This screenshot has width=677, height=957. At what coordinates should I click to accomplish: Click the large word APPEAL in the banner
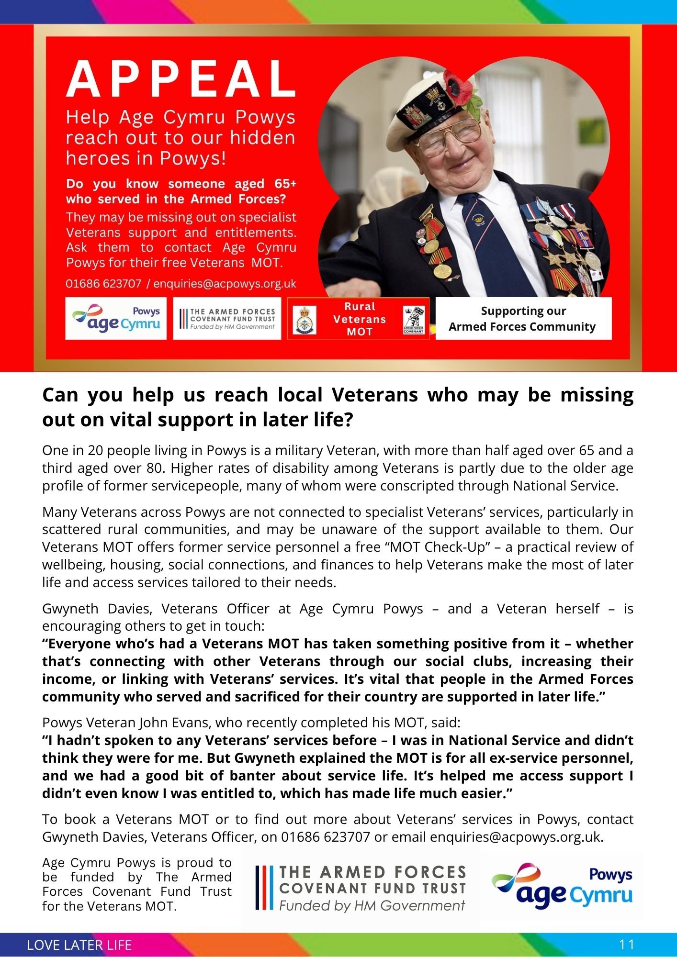(x=181, y=79)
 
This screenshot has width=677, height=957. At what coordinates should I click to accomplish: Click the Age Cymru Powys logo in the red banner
(x=116, y=319)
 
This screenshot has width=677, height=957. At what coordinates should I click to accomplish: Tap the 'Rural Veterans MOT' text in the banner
(x=360, y=319)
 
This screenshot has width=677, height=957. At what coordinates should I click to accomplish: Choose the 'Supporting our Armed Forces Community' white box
(x=523, y=319)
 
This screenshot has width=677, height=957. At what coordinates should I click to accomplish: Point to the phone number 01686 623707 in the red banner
(x=103, y=284)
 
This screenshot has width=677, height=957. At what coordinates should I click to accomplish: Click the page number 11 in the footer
(x=627, y=945)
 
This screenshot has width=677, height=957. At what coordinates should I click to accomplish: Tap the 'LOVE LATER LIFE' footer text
(x=79, y=945)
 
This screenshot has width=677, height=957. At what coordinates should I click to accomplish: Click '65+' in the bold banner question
(x=285, y=184)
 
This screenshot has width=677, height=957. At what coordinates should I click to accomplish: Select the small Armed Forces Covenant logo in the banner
(x=414, y=319)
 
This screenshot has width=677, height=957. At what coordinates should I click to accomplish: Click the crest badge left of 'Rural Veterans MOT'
(x=304, y=320)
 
